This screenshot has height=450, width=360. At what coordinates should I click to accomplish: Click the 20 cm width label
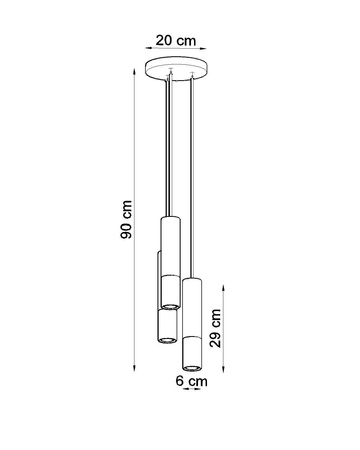click(x=177, y=41)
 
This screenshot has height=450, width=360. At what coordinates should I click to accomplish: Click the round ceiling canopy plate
click(x=177, y=72)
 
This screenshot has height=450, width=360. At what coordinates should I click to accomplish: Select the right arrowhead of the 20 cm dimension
click(x=206, y=54)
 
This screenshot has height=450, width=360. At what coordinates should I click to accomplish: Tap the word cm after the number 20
click(x=185, y=41)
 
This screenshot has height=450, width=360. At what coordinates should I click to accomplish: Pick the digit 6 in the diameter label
click(x=181, y=381)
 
